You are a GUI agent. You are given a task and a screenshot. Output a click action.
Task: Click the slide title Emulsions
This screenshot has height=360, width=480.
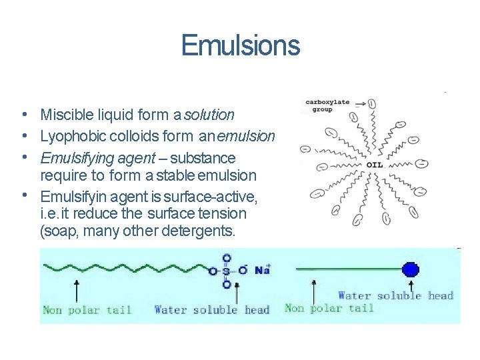click(x=240, y=45)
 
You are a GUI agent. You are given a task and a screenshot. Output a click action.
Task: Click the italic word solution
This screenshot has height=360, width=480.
click(x=209, y=115)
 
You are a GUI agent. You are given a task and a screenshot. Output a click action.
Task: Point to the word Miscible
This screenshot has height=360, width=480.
click(x=65, y=115)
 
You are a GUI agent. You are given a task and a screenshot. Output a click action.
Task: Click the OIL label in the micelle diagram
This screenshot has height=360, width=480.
click(x=375, y=165)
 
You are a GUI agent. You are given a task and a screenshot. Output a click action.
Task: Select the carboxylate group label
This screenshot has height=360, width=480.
click(x=327, y=105)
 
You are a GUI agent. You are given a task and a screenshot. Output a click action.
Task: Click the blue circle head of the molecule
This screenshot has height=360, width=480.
click(x=411, y=269)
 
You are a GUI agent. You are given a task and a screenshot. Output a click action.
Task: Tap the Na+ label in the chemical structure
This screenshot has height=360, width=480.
click(x=262, y=269)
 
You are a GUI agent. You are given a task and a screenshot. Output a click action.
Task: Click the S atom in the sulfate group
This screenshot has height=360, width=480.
click(x=227, y=270)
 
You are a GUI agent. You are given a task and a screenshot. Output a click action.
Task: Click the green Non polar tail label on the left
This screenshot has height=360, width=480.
click(x=87, y=309)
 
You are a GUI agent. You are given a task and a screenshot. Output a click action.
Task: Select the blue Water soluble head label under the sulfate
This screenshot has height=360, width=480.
click(x=211, y=309)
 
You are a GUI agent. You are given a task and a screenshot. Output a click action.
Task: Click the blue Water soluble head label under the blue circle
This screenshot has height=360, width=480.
click(x=395, y=295)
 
